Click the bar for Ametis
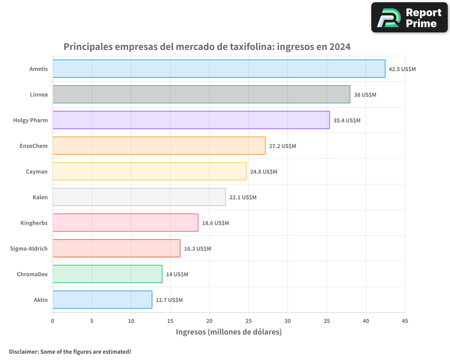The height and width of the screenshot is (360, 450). click(219, 69)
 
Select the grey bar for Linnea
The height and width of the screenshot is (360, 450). click(201, 94)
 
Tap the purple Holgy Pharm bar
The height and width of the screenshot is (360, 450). click(191, 120)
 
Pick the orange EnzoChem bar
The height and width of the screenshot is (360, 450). click(159, 146)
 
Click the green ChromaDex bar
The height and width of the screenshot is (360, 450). click(107, 274)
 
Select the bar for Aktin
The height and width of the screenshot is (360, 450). click(102, 300)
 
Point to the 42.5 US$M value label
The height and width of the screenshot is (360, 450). click(402, 69)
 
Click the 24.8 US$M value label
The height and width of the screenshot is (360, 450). click(264, 172)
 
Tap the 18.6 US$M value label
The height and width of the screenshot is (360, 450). click(215, 223)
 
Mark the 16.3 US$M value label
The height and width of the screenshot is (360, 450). click(197, 249)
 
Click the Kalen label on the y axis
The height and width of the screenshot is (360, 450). click(40, 197)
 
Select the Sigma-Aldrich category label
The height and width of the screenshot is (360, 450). click(29, 248)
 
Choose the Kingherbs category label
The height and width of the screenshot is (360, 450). click(34, 223)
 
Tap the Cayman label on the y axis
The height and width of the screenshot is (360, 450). click(37, 171)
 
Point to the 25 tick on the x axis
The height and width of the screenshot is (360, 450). click(248, 321)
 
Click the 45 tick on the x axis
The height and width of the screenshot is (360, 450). click(405, 321)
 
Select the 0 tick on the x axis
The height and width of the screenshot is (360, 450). click(53, 321)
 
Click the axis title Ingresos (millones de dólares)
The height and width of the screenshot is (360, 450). click(229, 332)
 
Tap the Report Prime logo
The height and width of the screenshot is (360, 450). click(409, 18)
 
